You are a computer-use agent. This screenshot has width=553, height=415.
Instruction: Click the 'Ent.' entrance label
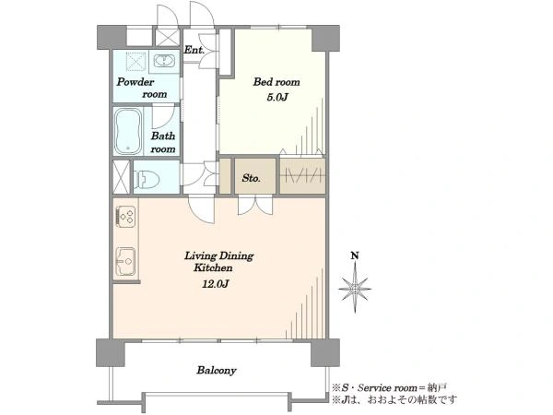194,50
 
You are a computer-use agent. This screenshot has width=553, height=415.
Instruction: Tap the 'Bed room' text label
276,82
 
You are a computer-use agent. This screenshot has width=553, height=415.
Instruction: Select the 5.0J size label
277,97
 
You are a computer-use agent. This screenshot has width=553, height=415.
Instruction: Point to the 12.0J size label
216,283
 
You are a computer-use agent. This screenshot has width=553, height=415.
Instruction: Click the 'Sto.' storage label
251,178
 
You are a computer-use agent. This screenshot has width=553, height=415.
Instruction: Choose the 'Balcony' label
217,370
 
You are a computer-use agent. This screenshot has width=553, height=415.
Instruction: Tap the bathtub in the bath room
128,131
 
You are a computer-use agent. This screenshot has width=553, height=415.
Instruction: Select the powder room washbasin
164,61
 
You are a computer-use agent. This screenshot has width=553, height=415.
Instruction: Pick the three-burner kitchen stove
125,216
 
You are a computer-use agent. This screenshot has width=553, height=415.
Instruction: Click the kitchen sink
126,262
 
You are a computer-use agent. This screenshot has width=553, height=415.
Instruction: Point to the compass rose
355,290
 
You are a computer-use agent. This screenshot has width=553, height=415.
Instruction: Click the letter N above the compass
355,255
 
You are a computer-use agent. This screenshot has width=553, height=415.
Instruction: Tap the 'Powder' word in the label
135,82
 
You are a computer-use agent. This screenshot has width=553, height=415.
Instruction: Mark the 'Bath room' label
163,142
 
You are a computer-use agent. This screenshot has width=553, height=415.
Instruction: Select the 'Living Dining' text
219,255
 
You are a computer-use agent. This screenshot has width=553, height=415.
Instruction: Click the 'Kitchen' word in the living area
213,267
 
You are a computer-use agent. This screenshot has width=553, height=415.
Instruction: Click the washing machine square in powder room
136,62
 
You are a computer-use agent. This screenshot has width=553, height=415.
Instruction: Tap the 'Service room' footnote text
387,388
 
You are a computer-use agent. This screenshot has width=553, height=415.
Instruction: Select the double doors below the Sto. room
255,206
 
